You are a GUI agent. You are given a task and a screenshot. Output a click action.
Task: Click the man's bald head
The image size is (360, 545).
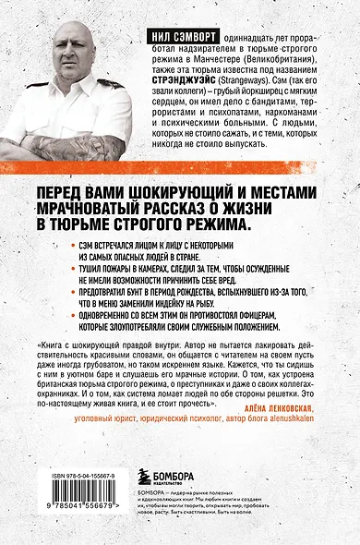69,27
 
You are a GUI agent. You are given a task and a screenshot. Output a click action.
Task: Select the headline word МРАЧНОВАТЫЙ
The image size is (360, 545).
109,205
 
